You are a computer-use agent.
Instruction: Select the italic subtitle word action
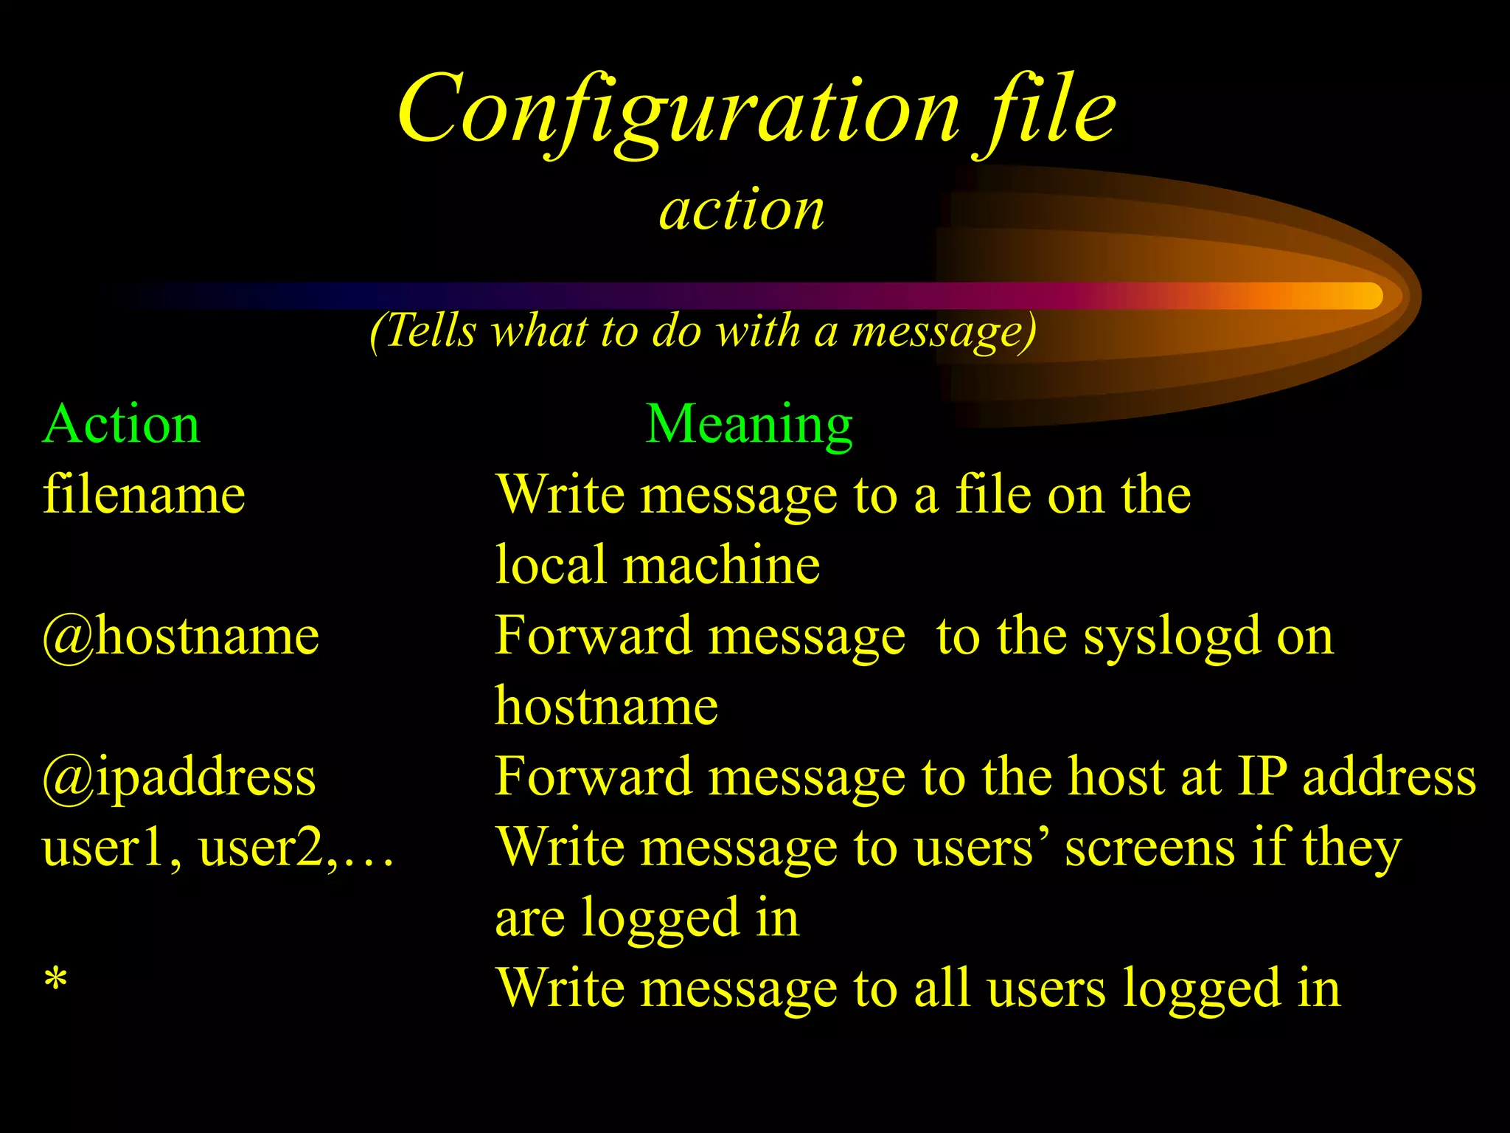[x=742, y=209]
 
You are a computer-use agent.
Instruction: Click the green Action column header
[x=122, y=425]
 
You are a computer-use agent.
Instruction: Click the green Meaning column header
[x=749, y=425]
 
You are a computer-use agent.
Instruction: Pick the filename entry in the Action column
[x=145, y=494]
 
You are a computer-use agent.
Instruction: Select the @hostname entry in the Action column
[x=181, y=636]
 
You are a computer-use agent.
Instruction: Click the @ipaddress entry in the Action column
[x=180, y=777]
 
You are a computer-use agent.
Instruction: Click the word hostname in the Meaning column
[x=606, y=707]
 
